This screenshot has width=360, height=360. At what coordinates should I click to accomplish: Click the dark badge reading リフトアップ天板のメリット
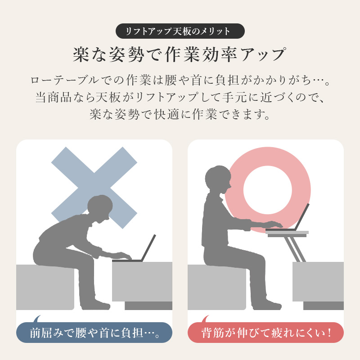[x=180, y=31]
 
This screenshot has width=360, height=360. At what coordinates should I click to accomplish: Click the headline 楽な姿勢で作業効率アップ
[x=180, y=54]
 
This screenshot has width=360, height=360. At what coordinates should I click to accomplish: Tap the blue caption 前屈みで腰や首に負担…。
[x=94, y=333]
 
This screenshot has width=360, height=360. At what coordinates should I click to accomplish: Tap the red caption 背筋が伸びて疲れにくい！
[x=265, y=333]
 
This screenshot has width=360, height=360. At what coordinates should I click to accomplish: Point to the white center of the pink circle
[x=267, y=187]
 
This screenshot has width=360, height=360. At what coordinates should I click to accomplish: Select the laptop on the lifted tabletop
[x=299, y=218]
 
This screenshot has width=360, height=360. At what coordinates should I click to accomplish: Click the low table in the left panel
[x=142, y=281]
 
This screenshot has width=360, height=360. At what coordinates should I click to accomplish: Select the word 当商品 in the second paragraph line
[x=53, y=97]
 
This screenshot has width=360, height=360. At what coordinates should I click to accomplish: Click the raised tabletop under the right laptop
[x=287, y=233]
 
